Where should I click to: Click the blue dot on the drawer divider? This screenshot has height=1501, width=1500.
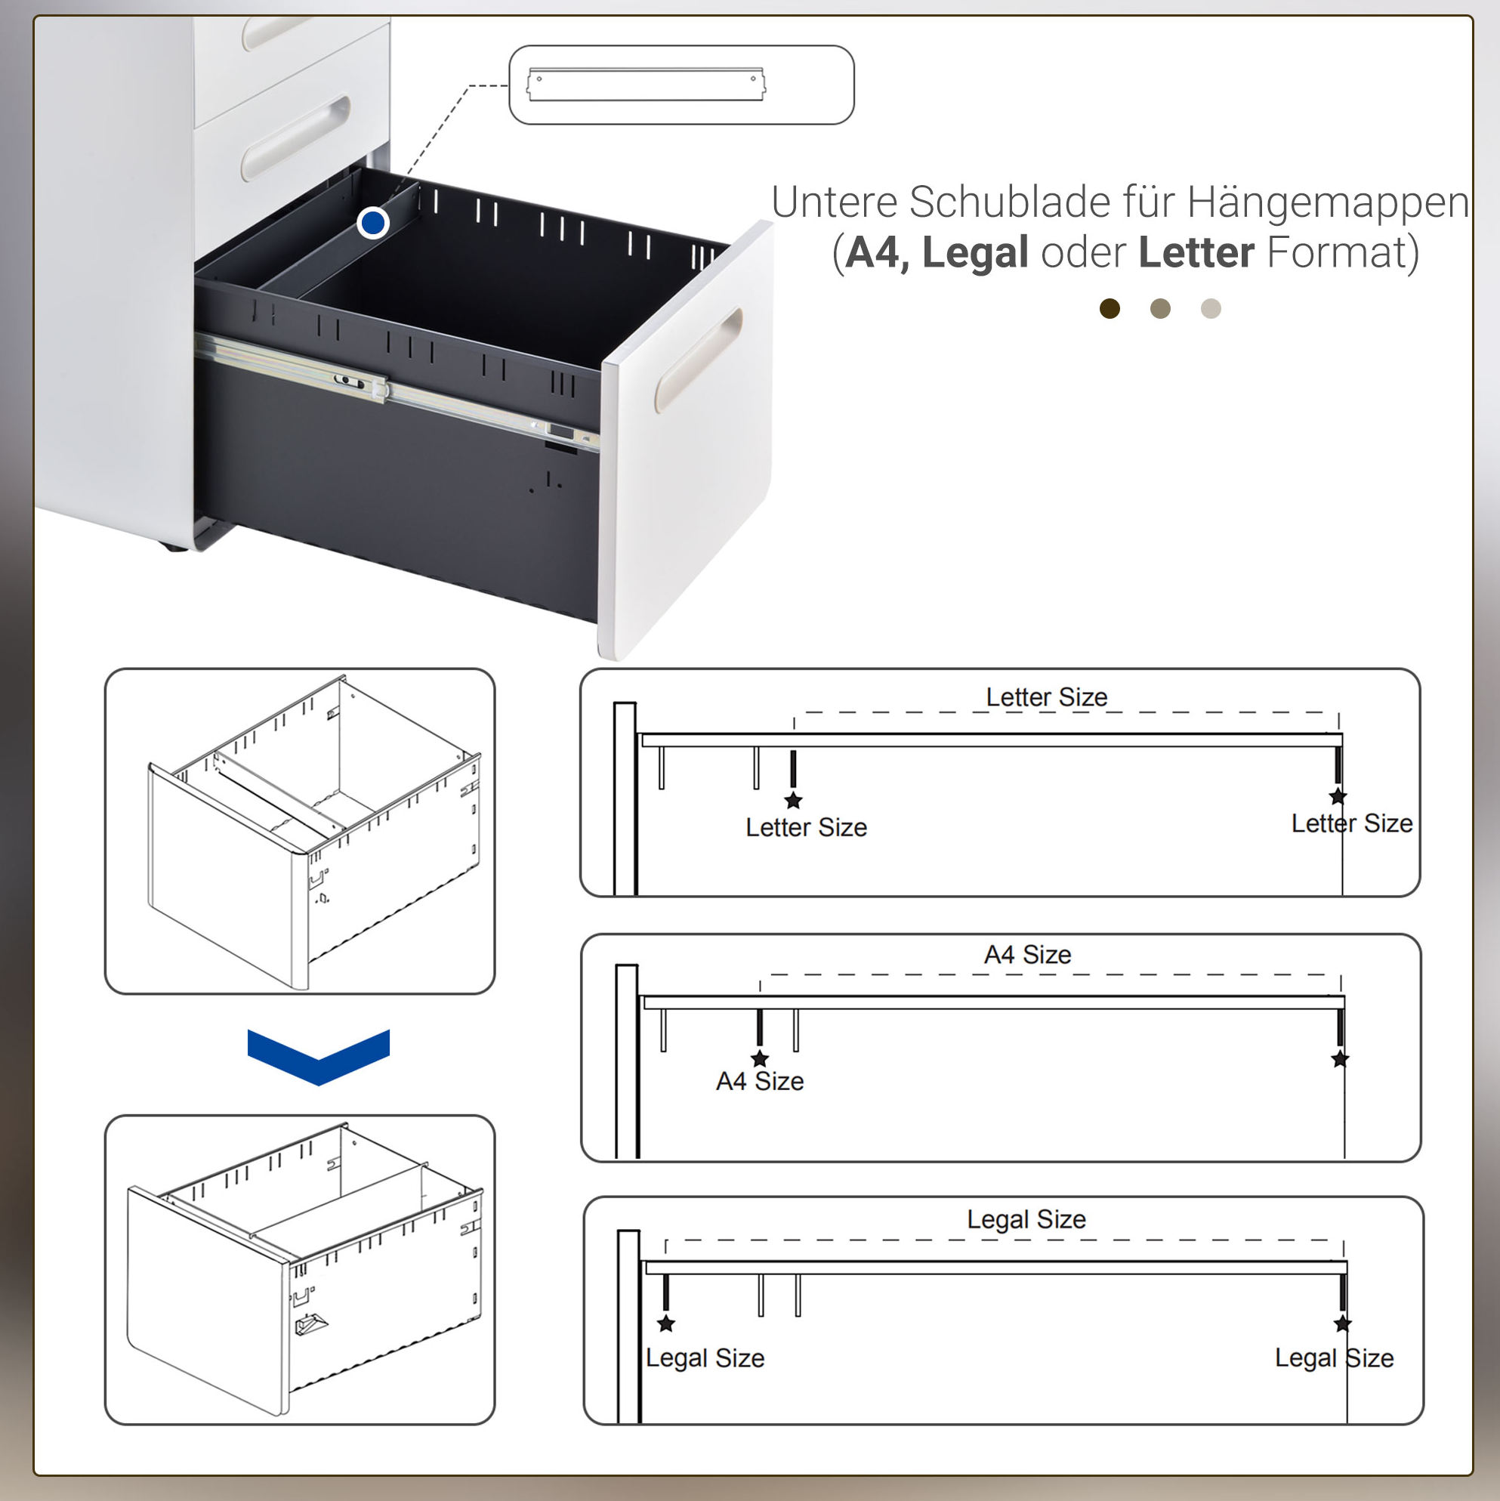(x=373, y=223)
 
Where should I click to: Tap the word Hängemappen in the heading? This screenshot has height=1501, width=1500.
(x=1328, y=202)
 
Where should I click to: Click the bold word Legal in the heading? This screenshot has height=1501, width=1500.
(x=976, y=252)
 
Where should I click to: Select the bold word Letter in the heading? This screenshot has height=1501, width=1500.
(x=1196, y=252)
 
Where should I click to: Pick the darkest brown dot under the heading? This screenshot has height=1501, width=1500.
(x=1110, y=308)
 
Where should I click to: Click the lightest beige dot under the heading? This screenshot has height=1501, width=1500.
(x=1211, y=308)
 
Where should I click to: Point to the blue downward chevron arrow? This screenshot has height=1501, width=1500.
(x=319, y=1056)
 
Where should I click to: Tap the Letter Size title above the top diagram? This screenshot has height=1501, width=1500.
(x=1046, y=697)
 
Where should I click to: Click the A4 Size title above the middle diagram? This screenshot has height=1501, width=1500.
(x=1028, y=954)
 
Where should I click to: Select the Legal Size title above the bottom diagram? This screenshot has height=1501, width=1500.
(x=1026, y=1219)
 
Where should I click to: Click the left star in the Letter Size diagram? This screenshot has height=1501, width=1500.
(x=793, y=799)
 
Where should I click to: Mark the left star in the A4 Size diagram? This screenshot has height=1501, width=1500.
(x=760, y=1058)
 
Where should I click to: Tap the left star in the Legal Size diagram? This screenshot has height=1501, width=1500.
(x=665, y=1323)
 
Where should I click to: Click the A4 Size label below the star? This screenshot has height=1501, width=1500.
(x=760, y=1081)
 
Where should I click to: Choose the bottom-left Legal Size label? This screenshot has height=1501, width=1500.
(x=705, y=1357)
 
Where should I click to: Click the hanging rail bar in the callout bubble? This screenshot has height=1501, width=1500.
(x=647, y=85)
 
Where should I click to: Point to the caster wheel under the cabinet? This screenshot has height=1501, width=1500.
(x=173, y=547)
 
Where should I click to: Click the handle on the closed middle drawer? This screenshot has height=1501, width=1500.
(x=295, y=138)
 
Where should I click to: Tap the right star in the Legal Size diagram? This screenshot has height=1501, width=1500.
(x=1342, y=1323)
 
